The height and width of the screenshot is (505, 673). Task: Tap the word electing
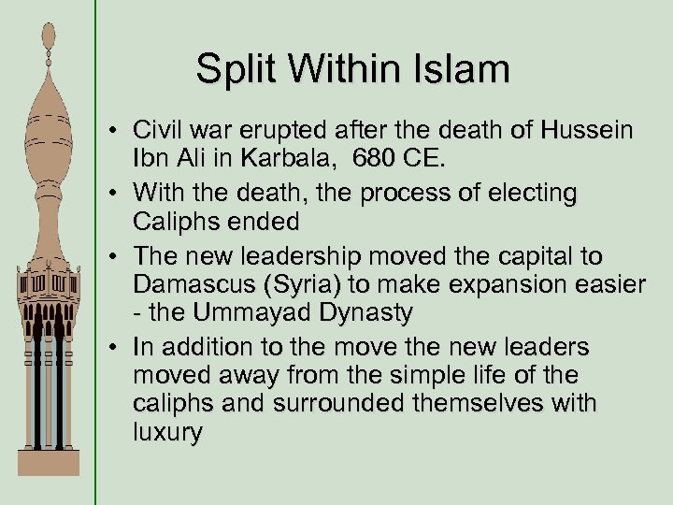click(x=531, y=194)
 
